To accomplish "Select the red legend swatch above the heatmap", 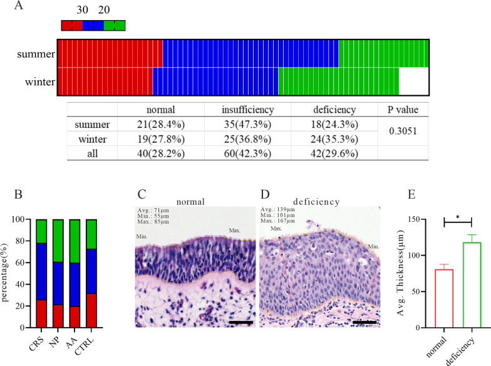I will click(72, 25).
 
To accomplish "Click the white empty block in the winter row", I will click(413, 81).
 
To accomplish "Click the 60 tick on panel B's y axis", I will click(24, 263).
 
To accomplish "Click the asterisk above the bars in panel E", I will click(457, 217).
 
